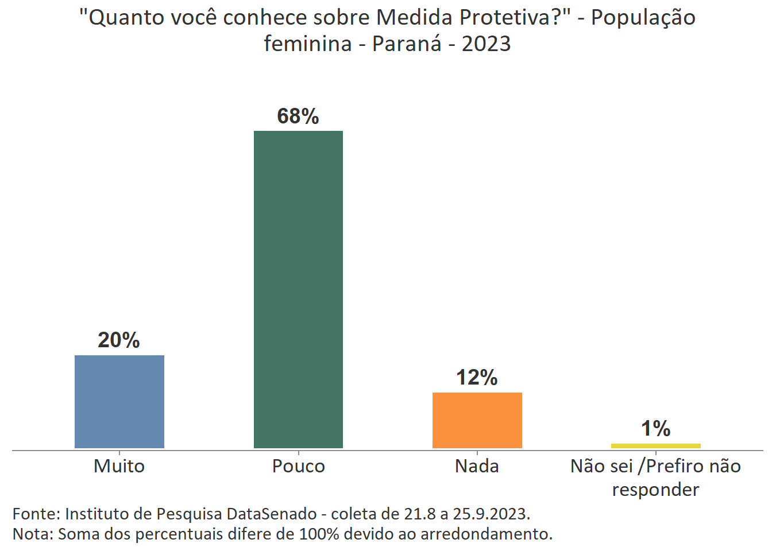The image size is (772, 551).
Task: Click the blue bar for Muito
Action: (x=119, y=401)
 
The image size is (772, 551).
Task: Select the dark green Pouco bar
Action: (x=298, y=289)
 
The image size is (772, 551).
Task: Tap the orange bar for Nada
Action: (x=477, y=420)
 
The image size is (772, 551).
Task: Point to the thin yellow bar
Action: (x=655, y=446)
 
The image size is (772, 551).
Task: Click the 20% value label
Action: (x=119, y=340)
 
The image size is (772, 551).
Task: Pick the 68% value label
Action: (x=298, y=117)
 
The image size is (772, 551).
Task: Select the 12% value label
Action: (x=477, y=378)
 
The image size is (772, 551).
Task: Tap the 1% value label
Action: (x=655, y=429)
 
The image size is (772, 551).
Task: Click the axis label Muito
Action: (x=119, y=466)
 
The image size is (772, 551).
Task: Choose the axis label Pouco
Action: (x=298, y=466)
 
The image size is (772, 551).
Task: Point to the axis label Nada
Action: (x=477, y=466)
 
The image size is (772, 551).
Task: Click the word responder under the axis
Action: (x=655, y=490)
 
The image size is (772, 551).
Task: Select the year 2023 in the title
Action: (x=486, y=44)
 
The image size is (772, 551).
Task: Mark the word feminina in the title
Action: (x=307, y=44)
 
